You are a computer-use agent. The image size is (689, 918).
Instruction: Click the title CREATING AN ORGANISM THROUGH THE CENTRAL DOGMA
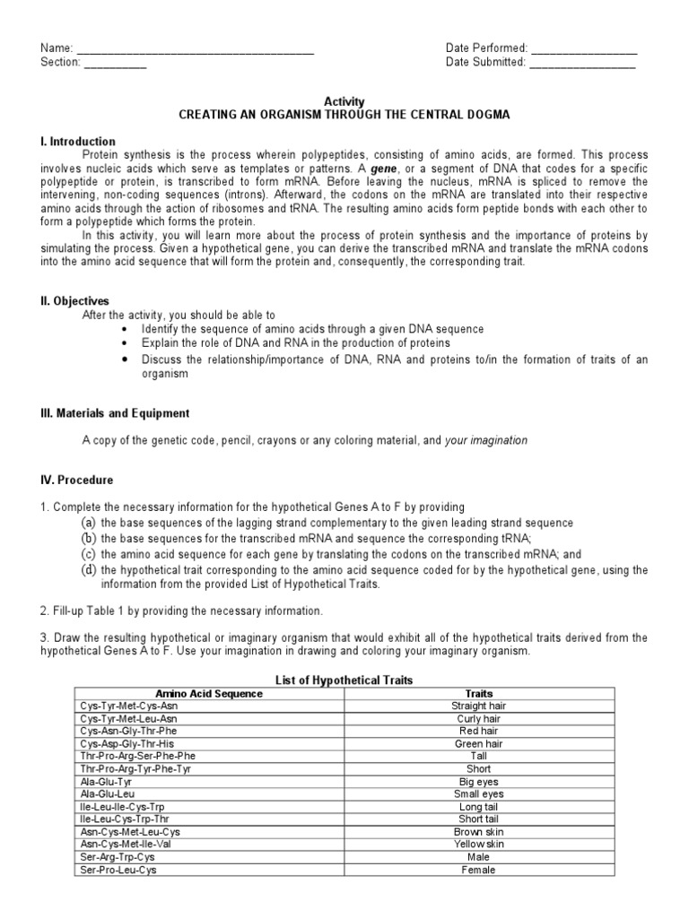(x=344, y=117)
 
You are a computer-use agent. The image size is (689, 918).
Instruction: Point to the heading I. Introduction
(x=78, y=142)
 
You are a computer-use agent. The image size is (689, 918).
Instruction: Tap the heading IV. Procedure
(x=76, y=481)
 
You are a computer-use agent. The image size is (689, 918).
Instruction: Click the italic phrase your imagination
(x=486, y=441)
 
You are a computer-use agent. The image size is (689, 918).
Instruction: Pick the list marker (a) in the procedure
(x=88, y=523)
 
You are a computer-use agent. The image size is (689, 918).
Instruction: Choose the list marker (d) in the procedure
(x=88, y=570)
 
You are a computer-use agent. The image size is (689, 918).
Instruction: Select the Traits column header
(x=479, y=694)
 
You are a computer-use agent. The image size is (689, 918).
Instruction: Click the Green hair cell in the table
(x=479, y=744)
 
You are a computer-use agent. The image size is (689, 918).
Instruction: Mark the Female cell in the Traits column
(x=479, y=870)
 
